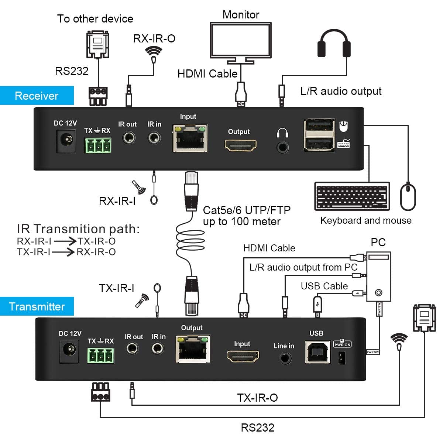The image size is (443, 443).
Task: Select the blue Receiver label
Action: [x=37, y=96]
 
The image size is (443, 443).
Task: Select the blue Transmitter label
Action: [x=37, y=306]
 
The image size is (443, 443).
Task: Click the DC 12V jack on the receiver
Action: [x=66, y=142]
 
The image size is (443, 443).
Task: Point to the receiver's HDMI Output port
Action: [x=241, y=145]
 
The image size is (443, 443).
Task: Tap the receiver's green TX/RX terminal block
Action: [x=98, y=145]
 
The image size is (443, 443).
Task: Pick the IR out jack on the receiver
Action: [x=128, y=138]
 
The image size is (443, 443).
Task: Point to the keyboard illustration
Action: [x=352, y=196]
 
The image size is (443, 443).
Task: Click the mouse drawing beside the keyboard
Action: [x=408, y=196]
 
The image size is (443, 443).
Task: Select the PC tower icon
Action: [x=378, y=277]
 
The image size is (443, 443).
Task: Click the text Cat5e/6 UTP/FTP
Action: [x=247, y=210]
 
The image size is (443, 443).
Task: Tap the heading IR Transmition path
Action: [x=78, y=229]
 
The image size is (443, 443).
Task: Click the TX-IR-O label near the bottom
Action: [x=257, y=398]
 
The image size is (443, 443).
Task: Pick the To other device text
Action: [x=95, y=19]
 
